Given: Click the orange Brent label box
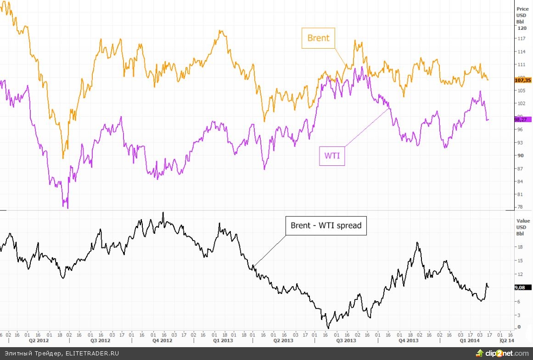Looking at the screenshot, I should point(318,38).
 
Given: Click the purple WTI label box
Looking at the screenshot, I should point(331,155).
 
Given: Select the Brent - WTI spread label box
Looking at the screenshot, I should point(326,225).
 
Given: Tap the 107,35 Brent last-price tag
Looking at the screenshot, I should point(523,79).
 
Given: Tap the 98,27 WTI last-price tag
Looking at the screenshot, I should point(522,119).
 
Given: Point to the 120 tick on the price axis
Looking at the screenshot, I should point(522,28).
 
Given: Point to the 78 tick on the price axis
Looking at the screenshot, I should point(520,207).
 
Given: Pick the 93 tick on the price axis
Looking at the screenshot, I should point(520,142).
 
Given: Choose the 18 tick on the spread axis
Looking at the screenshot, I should point(520,247).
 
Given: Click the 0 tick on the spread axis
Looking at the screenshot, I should point(519,327).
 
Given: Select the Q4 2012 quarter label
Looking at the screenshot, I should point(163,341).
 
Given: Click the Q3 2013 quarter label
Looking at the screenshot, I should point(347,341).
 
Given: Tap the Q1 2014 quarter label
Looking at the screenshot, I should point(469,341).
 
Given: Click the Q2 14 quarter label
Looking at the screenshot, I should point(507,341).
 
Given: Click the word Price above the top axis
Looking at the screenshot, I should point(522,9).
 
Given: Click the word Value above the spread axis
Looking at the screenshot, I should point(522,221).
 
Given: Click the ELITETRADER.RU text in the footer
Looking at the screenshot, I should point(92,354).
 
